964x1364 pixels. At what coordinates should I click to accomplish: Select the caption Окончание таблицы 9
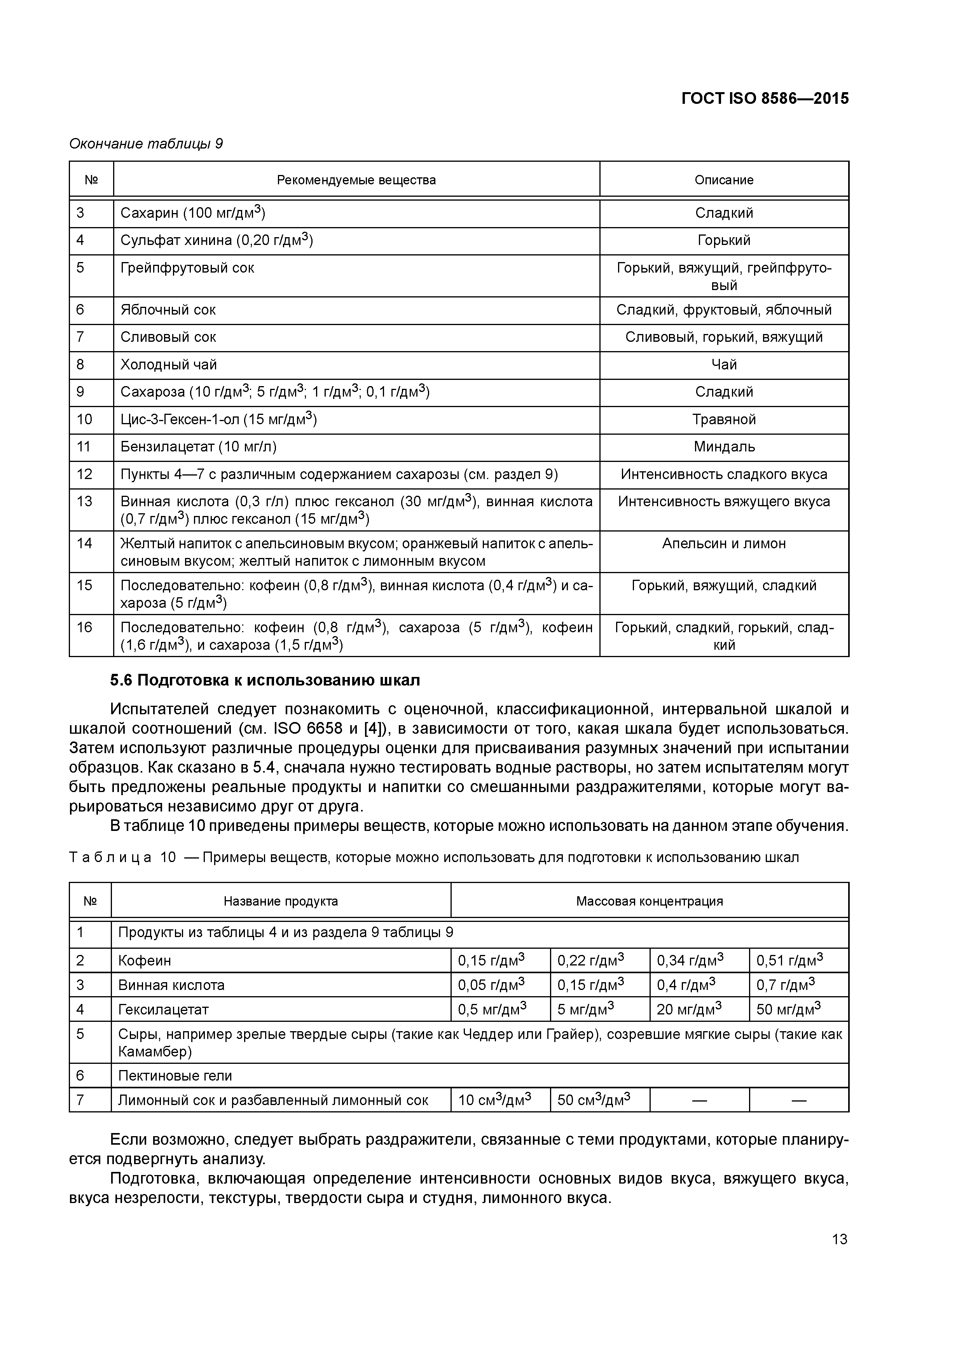coord(146,144)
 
